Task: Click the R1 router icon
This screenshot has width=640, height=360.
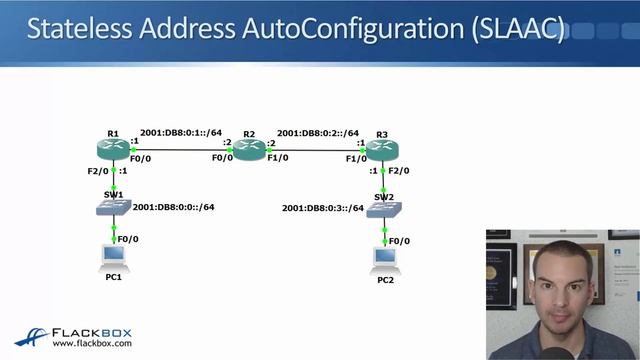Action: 113,149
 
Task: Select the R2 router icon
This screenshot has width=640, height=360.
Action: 250,149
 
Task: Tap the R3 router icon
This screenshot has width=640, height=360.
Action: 382,149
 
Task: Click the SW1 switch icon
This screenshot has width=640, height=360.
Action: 113,207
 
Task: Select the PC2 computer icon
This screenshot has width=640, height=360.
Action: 385,258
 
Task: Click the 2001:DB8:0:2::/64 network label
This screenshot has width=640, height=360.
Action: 318,133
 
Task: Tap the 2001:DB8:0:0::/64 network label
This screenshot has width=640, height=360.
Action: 174,207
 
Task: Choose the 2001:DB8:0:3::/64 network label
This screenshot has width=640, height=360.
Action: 323,208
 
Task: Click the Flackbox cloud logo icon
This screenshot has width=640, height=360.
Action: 30,338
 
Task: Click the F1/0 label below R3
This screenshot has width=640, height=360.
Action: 356,158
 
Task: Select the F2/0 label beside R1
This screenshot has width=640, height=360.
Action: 97,171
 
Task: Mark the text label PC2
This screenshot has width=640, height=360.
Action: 386,280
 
